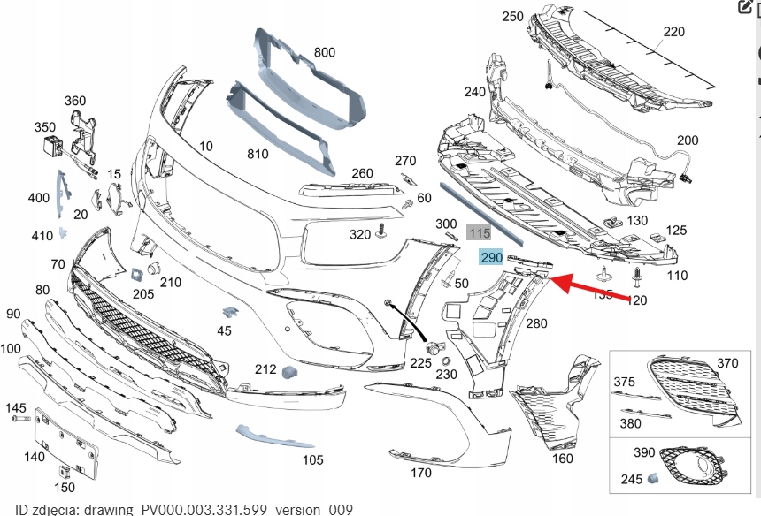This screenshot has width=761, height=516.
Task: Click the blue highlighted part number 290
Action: coord(491,257)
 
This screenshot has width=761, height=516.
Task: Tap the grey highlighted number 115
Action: coord(479,233)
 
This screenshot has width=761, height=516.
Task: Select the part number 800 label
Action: coord(325,52)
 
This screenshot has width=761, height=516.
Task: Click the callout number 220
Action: coord(673,32)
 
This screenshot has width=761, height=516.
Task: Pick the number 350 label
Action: coord(45,127)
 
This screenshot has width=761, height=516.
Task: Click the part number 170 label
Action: coord(421,473)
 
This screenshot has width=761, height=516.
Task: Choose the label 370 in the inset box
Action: coord(726,363)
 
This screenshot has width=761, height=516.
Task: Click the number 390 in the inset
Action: coord(645,451)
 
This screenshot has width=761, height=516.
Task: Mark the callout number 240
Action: coord(474,91)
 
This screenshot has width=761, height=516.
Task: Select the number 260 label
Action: coord(362,173)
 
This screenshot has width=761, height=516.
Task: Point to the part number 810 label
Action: coord(258,154)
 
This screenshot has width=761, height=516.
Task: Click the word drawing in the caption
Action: coord(113,510)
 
